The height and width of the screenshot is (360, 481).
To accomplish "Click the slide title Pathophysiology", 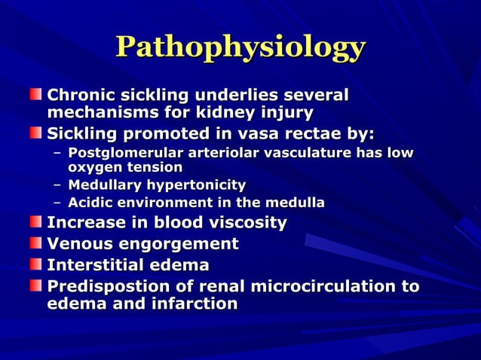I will tap(240, 47).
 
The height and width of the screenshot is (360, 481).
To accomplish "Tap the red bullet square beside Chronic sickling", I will tap(37, 96).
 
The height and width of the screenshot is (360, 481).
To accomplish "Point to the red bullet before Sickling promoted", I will tap(37, 133).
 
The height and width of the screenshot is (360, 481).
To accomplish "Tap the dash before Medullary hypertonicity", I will tap(57, 185).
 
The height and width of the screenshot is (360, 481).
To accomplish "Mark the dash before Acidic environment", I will tap(57, 203).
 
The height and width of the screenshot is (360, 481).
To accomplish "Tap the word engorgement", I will tap(181, 244).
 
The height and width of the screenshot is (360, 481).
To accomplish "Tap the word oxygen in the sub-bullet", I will tap(93, 167).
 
